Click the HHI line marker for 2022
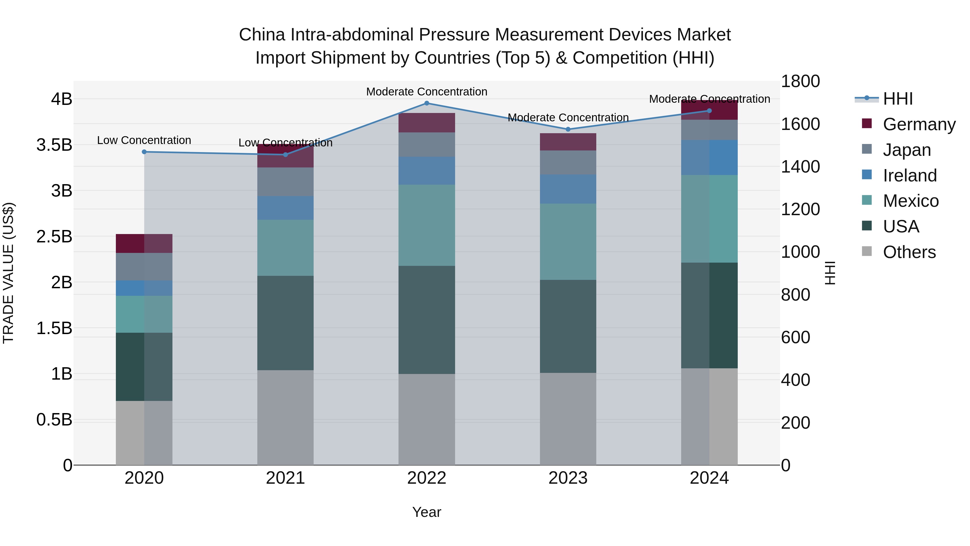click(427, 103)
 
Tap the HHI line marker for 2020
click(144, 152)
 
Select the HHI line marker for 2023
click(568, 129)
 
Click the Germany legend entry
click(919, 124)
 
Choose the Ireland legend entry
click(909, 176)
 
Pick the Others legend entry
click(909, 252)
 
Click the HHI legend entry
click(898, 99)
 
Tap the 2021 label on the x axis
click(285, 478)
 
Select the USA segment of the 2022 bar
click(427, 320)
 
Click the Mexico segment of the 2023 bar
click(568, 242)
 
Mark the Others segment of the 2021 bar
click(285, 417)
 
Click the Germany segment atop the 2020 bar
click(144, 243)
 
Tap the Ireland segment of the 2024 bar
click(709, 157)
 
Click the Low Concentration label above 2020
click(144, 140)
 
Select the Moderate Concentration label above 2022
click(427, 92)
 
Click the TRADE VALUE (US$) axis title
click(8, 273)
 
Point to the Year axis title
click(427, 512)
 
